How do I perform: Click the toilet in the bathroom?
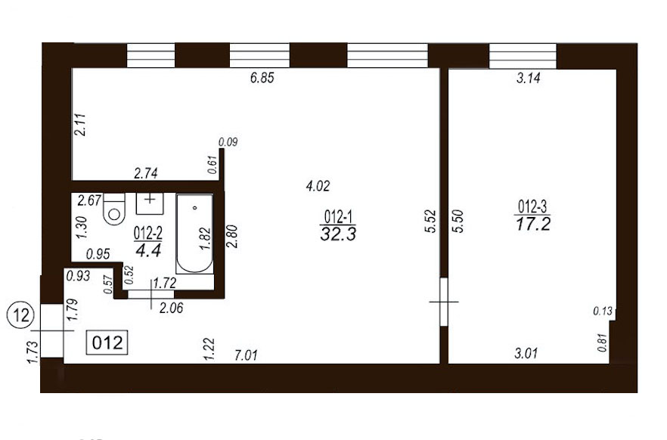coord(114,209)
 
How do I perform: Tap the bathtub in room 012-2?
coord(194,234)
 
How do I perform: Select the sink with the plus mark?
coord(150,203)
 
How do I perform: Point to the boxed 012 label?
coord(107,342)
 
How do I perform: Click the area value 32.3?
coord(338,234)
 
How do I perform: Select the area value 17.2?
coord(533,224)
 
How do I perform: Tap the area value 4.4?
coord(148,250)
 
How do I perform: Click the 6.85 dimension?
coord(262,78)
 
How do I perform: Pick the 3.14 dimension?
coord(529,78)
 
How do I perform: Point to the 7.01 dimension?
coord(246,355)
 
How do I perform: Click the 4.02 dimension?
coord(318,186)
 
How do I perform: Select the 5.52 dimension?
coord(431,221)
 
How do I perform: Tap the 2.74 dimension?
coord(146,173)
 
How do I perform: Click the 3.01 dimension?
coord(526,353)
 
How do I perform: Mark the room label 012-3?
coord(532,207)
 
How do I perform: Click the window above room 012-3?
coord(523,56)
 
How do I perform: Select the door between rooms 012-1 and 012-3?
coord(444,302)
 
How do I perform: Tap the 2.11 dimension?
coord(80,125)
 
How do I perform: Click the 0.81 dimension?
coord(602,342)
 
